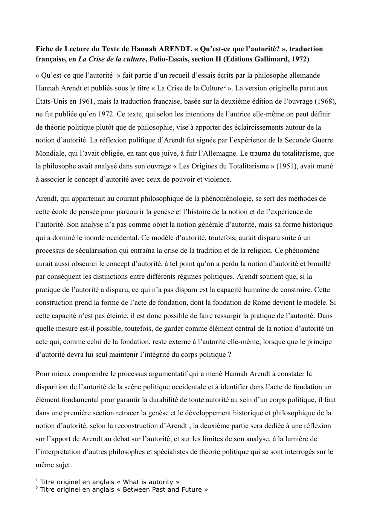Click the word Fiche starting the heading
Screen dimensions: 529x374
pos(44,49)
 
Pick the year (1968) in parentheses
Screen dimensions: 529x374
pos(325,101)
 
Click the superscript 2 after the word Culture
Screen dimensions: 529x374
pos(224,87)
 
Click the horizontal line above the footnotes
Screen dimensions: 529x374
pos(73,476)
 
